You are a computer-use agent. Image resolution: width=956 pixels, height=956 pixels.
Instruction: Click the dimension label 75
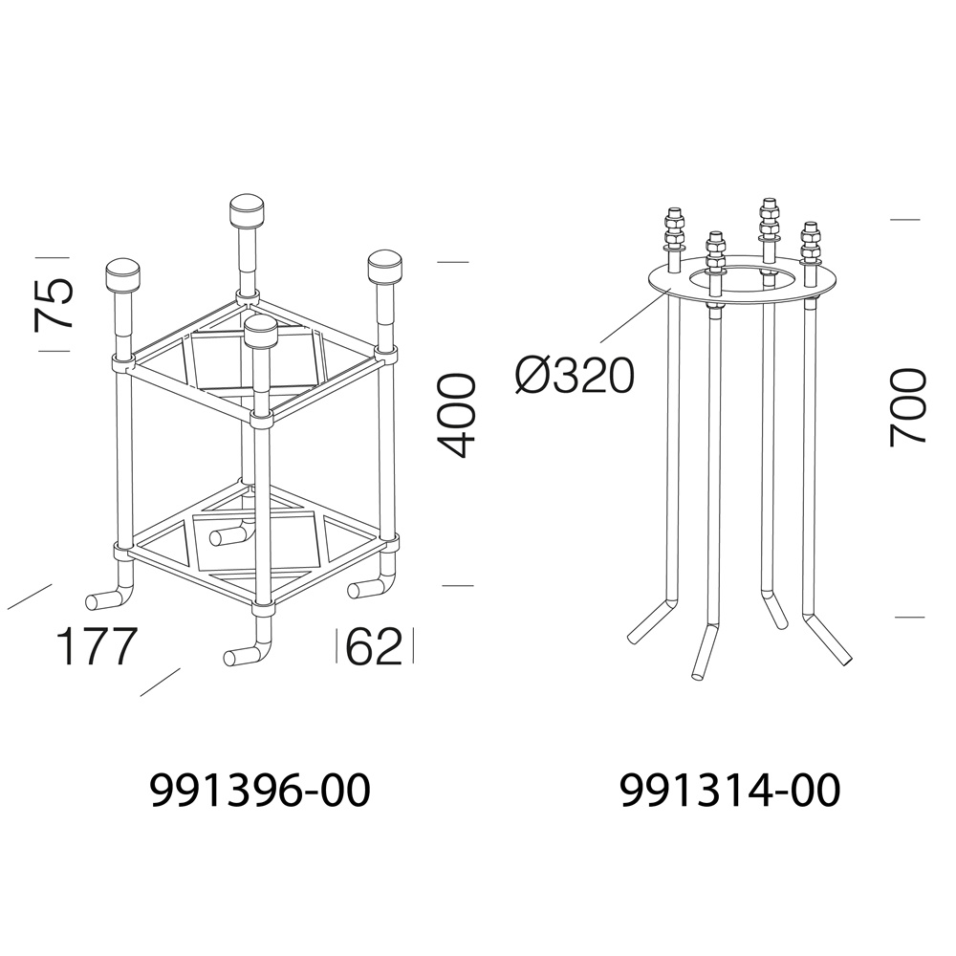pos(54,303)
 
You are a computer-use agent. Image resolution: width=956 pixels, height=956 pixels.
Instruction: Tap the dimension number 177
pos(95,646)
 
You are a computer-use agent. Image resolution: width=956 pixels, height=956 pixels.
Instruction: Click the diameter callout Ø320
pos(575,375)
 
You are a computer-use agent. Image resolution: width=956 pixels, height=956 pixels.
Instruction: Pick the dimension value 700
pos(908,407)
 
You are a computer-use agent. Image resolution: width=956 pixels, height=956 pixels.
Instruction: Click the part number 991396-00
pos(260,791)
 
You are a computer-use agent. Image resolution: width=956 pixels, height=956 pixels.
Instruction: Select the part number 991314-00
pos(730,791)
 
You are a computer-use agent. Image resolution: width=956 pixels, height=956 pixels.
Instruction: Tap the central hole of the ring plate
pos(742,278)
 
